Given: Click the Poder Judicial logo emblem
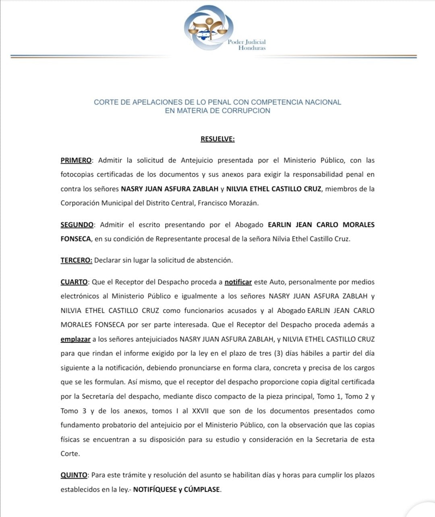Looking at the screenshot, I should [x=208, y=27].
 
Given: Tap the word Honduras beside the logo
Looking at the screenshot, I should [x=252, y=48].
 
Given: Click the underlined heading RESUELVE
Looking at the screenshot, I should [x=217, y=139].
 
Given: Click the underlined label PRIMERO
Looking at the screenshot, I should [x=76, y=160].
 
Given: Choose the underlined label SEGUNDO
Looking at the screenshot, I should [x=77, y=224].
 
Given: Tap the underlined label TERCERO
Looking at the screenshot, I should [x=76, y=260].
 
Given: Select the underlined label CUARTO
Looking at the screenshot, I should [x=74, y=282].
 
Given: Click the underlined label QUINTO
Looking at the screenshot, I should [x=74, y=475].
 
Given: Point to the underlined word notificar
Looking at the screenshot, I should [x=238, y=282].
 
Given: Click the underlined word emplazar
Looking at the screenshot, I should [x=75, y=339].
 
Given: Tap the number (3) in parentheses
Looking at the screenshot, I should [x=278, y=353].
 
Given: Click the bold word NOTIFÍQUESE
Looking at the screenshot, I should [x=155, y=490].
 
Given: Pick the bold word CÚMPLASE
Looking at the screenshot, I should [x=202, y=490].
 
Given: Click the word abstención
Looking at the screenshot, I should [x=214, y=260].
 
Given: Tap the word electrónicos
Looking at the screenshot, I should [x=79, y=296].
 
